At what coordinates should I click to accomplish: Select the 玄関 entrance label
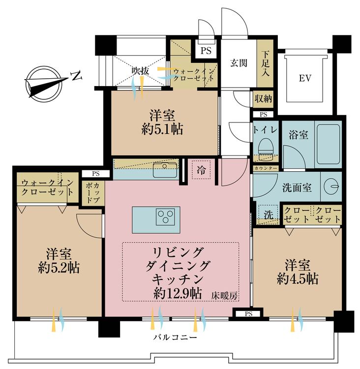click(x=239, y=63)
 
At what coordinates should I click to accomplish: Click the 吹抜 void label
click(x=140, y=71)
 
